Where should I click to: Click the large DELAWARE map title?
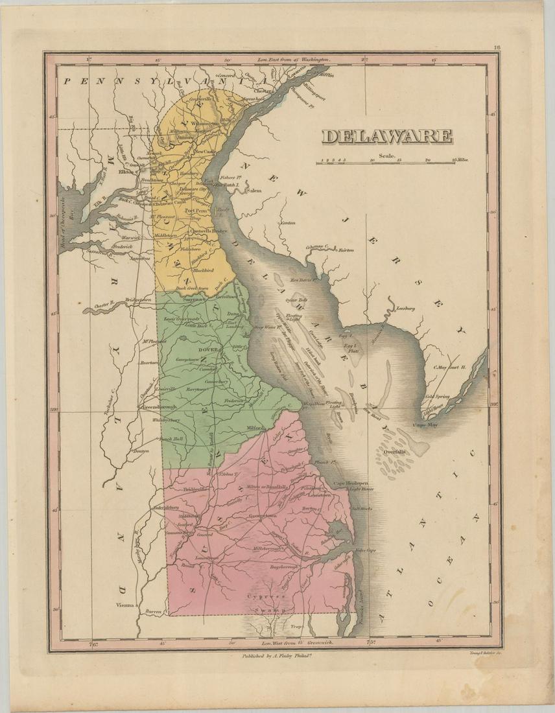pyautogui.click(x=387, y=136)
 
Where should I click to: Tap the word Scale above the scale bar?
pyautogui.click(x=388, y=155)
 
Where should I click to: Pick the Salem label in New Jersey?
pyautogui.click(x=252, y=191)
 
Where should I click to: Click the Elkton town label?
pyautogui.click(x=126, y=172)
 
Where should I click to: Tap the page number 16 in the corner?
pyautogui.click(x=496, y=47)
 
